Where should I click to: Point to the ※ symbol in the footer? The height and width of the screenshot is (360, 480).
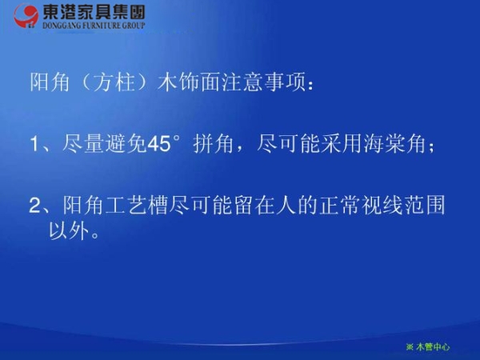[410, 346]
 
